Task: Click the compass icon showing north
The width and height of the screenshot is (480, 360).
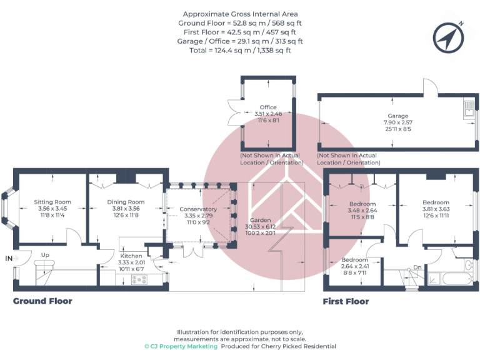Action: tap(447, 37)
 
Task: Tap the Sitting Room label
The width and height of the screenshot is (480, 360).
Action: tap(52, 202)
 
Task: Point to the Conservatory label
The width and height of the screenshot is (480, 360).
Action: tap(198, 209)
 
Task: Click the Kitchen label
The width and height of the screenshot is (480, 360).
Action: tap(131, 256)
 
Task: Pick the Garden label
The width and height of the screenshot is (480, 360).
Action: tap(260, 220)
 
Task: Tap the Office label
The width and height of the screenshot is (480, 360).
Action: tap(269, 107)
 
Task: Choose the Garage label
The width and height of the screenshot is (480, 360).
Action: tap(397, 116)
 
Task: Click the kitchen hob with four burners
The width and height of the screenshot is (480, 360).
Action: tap(139, 279)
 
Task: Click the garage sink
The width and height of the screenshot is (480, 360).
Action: tap(467, 111)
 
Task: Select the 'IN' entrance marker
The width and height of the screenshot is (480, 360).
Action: tap(9, 257)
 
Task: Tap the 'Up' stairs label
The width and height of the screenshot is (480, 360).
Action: tap(45, 255)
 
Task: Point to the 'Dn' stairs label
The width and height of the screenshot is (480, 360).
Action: tap(417, 267)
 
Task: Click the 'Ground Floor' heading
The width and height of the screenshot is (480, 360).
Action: tap(42, 301)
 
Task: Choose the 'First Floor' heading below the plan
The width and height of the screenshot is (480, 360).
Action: tap(346, 301)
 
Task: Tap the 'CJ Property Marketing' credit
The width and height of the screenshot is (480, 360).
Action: tap(181, 346)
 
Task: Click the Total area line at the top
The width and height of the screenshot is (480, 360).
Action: tap(240, 50)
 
